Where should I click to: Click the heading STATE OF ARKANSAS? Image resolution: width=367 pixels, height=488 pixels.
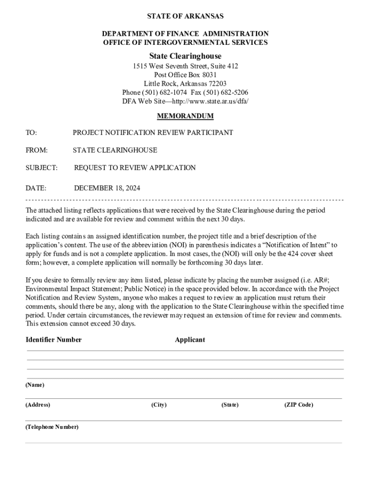pyautogui.click(x=185, y=16)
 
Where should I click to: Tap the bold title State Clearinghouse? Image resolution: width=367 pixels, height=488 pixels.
pyautogui.click(x=185, y=56)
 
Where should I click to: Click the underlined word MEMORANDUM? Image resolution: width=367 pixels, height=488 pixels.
pyautogui.click(x=185, y=116)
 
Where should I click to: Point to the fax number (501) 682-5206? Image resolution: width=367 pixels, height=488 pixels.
pyautogui.click(x=226, y=92)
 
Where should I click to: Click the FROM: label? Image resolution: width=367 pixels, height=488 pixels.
pyautogui.click(x=36, y=150)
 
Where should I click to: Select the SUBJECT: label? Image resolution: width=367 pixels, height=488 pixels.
pyautogui.click(x=41, y=168)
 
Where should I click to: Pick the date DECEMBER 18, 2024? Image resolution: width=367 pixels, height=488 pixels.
pyautogui.click(x=107, y=188)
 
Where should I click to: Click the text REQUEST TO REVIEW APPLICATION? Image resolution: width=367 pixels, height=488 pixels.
pyautogui.click(x=135, y=168)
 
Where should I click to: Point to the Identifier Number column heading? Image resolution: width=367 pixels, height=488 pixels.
pyautogui.click(x=53, y=340)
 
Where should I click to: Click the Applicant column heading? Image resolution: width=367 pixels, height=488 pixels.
pyautogui.click(x=190, y=340)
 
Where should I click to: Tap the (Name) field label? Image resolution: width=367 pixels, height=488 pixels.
pyautogui.click(x=35, y=385)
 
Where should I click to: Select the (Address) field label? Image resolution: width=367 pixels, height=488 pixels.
pyautogui.click(x=38, y=405)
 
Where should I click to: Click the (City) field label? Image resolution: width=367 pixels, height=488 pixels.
pyautogui.click(x=159, y=405)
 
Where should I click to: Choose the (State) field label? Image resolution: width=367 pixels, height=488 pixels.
pyautogui.click(x=230, y=405)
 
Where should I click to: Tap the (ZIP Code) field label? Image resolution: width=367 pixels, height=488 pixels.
pyautogui.click(x=299, y=405)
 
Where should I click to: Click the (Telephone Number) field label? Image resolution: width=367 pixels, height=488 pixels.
pyautogui.click(x=52, y=427)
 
